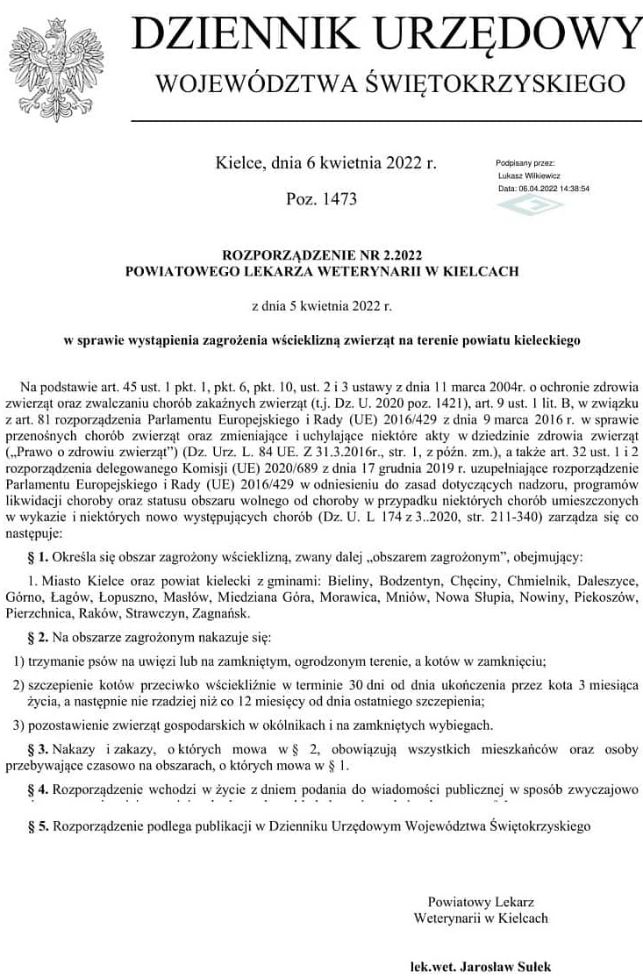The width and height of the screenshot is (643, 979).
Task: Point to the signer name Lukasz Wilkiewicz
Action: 529,175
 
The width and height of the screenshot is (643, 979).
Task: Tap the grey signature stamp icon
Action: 530,205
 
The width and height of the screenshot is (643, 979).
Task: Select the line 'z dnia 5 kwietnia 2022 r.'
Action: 321,306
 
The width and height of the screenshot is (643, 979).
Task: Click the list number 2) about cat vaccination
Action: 18,684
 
